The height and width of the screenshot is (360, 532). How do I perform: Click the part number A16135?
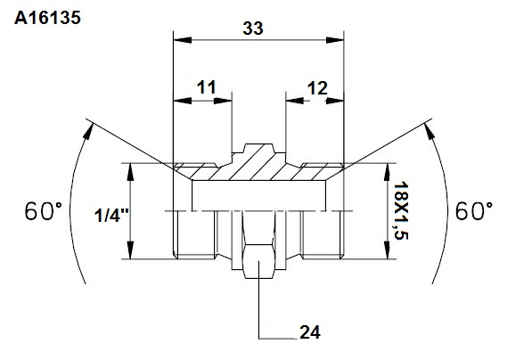[47, 18]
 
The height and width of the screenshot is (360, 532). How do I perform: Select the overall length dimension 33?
[253, 29]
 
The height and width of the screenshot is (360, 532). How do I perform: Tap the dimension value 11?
[206, 87]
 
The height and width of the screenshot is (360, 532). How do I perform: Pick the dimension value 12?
[317, 88]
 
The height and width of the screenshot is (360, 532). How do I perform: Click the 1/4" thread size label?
[111, 215]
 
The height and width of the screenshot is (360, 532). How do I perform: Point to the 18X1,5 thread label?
[401, 210]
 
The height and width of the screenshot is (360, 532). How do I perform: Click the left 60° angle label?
[44, 211]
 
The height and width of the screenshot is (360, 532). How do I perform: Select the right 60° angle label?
[474, 211]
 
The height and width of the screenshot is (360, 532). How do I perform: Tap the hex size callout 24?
[310, 332]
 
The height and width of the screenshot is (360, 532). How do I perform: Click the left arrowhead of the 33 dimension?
[182, 40]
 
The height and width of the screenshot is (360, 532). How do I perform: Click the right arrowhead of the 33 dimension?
[335, 40]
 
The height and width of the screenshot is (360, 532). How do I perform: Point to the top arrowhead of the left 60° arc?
[88, 131]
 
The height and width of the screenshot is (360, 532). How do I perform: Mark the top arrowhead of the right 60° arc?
[430, 131]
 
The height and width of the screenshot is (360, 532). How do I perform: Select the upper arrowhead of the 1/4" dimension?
[130, 172]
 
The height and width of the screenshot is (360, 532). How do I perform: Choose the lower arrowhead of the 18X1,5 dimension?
[387, 250]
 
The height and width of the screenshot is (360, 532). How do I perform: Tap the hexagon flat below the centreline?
[258, 261]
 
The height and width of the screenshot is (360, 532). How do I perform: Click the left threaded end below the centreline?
[195, 234]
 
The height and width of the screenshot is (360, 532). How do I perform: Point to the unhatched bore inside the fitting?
[259, 195]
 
